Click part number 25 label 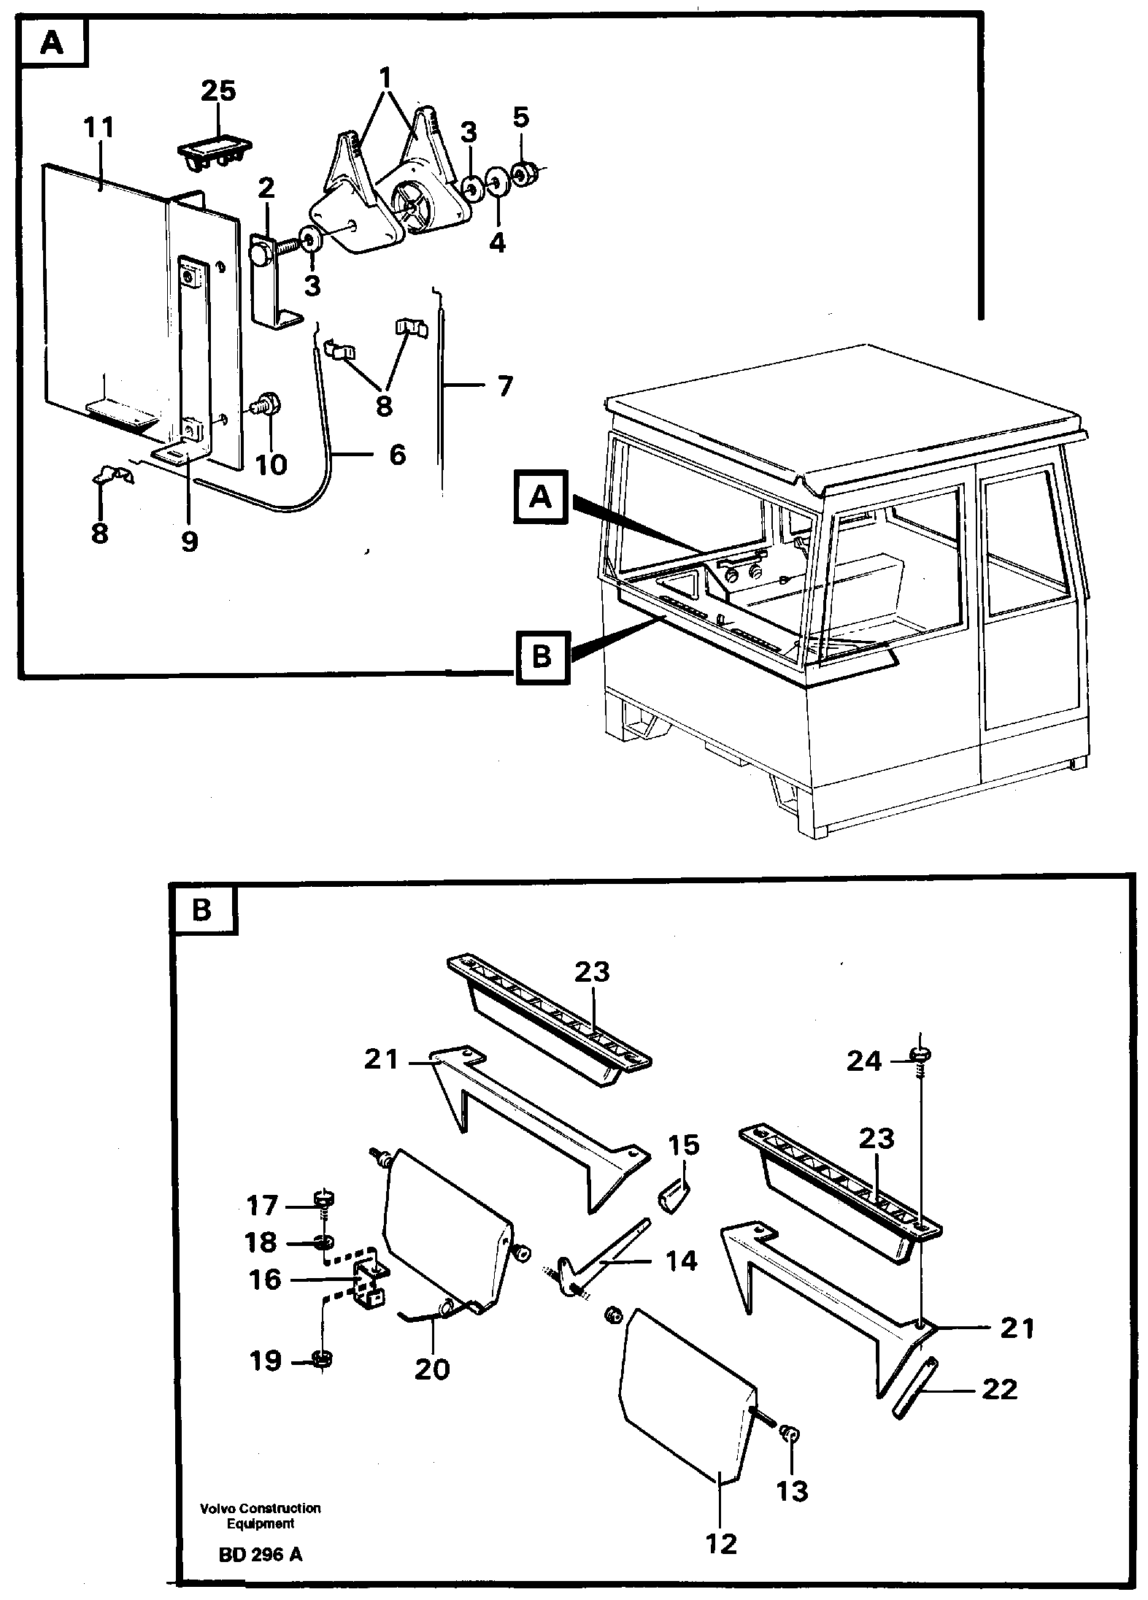coord(219,92)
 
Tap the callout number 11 coord(99,128)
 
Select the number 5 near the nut coord(520,117)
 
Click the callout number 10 coord(271,464)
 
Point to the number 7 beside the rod coord(505,385)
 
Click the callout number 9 coord(189,541)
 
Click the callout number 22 coord(999,1389)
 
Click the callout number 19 coord(265,1360)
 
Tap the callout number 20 coord(432,1369)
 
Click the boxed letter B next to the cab coord(541,658)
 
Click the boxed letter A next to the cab coord(541,498)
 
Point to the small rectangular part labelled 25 coord(215,150)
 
